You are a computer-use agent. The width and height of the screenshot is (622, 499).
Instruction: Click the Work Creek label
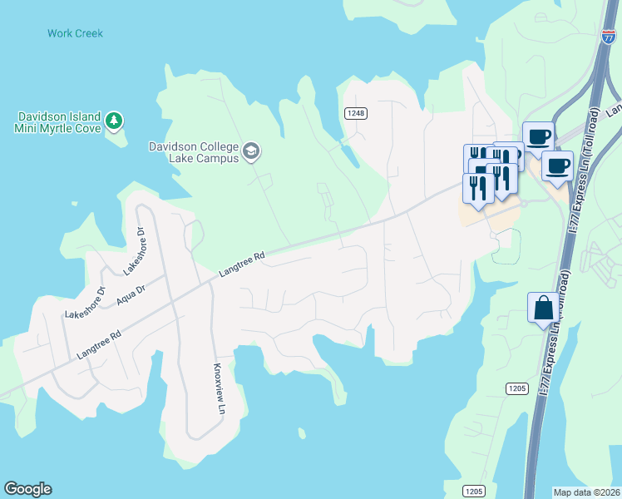75,33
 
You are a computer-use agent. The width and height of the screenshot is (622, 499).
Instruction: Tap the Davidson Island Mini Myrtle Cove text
57,122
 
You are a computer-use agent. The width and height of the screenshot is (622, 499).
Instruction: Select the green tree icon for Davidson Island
114,121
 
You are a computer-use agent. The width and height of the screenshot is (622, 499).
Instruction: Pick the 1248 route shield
356,112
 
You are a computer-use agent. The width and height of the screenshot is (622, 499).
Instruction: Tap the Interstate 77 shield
609,36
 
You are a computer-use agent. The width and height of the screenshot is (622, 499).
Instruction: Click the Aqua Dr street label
131,294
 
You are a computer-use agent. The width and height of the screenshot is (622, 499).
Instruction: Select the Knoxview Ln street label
220,388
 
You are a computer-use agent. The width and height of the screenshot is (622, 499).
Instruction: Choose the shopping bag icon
542,308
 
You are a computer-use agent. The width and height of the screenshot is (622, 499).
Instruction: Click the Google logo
27,489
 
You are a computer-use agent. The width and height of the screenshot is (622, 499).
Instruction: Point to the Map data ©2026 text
585,492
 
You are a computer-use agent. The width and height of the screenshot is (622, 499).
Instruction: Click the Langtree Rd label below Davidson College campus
241,264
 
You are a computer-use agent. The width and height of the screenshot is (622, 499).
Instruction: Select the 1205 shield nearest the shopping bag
516,389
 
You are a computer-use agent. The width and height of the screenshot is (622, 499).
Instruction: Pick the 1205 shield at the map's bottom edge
473,492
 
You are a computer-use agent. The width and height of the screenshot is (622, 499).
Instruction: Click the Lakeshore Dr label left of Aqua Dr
85,302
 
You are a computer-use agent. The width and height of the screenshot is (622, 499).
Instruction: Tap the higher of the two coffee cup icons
538,135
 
